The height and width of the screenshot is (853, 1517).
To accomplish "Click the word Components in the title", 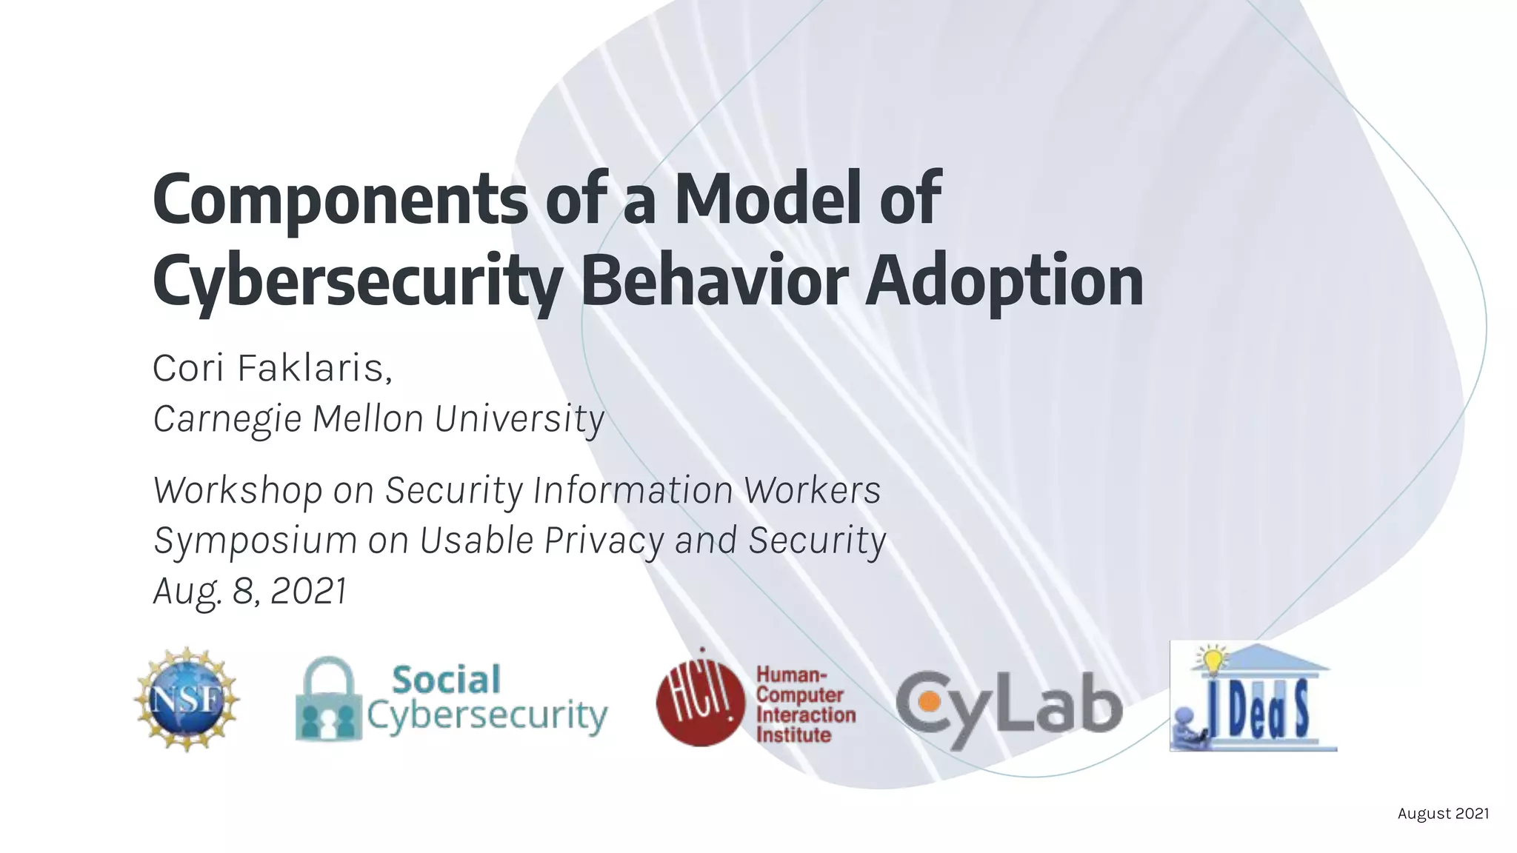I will pos(339,200).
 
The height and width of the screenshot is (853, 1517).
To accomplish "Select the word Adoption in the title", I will pos(1004,281).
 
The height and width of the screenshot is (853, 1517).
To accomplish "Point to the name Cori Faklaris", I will pos(271,368).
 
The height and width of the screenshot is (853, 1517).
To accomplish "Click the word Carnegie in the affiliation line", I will pos(227,419).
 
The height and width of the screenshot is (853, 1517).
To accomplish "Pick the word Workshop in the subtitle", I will pos(237,490).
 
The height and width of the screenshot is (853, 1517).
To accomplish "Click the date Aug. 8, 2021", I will pos(250,591).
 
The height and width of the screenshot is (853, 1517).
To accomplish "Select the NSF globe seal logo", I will pos(187,699).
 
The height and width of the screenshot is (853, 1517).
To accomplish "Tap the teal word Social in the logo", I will pos(446,680).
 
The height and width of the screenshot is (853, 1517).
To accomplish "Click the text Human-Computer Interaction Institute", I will pos(805,705).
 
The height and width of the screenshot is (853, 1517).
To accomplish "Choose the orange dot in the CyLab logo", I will pos(926,700).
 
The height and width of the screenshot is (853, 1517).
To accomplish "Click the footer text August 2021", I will pos(1442,814).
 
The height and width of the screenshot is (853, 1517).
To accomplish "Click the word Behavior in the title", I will pos(714,281).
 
